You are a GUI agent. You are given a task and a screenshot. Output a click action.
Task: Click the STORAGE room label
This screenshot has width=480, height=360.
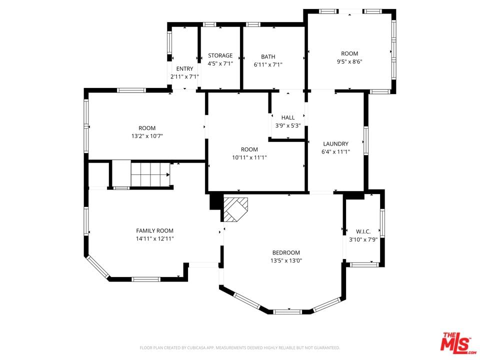pyautogui.click(x=220, y=55)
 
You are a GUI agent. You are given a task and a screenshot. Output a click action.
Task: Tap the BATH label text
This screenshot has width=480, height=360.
pyautogui.click(x=268, y=56)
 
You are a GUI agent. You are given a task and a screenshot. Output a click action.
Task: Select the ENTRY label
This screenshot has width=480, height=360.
pyautogui.click(x=184, y=69)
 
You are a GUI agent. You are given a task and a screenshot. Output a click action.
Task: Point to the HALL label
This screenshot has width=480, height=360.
pyautogui.click(x=288, y=117)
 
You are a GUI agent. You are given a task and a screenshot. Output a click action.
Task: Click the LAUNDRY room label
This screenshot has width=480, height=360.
pyautogui.click(x=336, y=143)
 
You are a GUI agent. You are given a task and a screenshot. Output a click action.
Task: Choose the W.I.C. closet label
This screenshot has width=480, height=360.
pyautogui.click(x=363, y=231)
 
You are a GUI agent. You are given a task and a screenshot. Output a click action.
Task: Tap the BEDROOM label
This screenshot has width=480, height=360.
pyautogui.click(x=286, y=252)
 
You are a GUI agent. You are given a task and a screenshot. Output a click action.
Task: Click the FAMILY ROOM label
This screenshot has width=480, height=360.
pyautogui.click(x=154, y=231)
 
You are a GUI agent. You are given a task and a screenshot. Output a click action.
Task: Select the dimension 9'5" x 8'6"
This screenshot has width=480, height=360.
pyautogui.click(x=349, y=61)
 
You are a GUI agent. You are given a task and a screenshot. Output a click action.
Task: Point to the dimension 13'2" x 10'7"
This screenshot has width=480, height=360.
pyautogui.click(x=147, y=136)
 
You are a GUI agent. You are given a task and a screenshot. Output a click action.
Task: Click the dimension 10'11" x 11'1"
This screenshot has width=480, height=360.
pyautogui.click(x=249, y=157)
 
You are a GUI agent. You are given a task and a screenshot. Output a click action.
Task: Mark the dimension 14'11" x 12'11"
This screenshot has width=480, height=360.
pyautogui.click(x=154, y=239)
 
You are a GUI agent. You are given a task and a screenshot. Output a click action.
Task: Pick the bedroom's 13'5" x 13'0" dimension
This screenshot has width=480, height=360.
pyautogui.click(x=286, y=261)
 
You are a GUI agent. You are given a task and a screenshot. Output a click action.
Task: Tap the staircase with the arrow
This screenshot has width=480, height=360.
pyautogui.click(x=150, y=174)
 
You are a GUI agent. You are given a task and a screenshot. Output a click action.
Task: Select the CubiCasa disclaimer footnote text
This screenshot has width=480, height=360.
pyautogui.click(x=239, y=348)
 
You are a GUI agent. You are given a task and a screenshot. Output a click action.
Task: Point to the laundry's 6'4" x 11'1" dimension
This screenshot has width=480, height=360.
pyautogui.click(x=336, y=152)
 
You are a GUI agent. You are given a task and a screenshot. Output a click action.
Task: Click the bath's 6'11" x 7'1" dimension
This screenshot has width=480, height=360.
pyautogui.click(x=268, y=64)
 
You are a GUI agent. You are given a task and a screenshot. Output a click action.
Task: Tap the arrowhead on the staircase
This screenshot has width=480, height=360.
pyautogui.click(x=168, y=175)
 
